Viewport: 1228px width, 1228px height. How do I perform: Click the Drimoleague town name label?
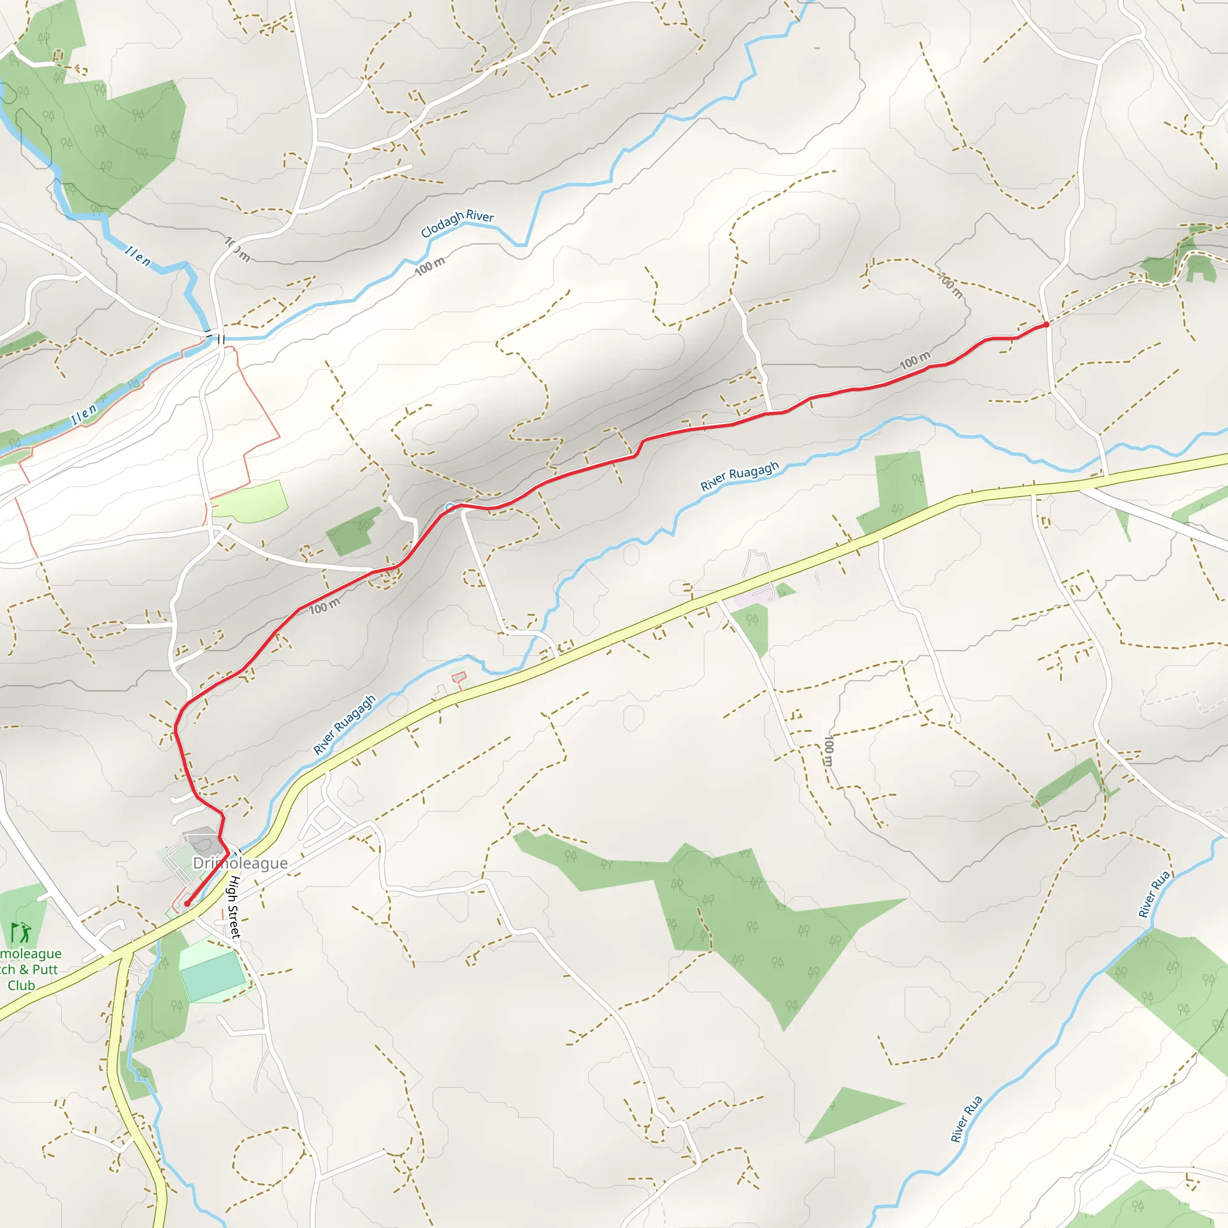(240, 863)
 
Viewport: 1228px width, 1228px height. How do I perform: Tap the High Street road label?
(234, 907)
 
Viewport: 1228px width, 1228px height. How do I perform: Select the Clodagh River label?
(457, 223)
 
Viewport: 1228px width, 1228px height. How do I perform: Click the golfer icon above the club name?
(20, 933)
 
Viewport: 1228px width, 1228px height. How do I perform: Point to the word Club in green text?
(21, 986)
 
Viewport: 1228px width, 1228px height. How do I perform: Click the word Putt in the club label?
(45, 970)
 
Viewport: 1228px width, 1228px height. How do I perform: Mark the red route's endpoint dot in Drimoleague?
(187, 903)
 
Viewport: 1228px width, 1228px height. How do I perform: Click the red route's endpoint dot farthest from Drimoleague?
(1046, 325)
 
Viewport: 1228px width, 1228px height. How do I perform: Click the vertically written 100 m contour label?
(828, 751)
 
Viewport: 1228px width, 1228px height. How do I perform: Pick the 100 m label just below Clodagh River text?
(431, 266)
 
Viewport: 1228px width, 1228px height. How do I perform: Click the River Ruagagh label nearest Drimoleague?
(345, 724)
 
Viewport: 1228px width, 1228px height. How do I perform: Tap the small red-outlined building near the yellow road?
(459, 677)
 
